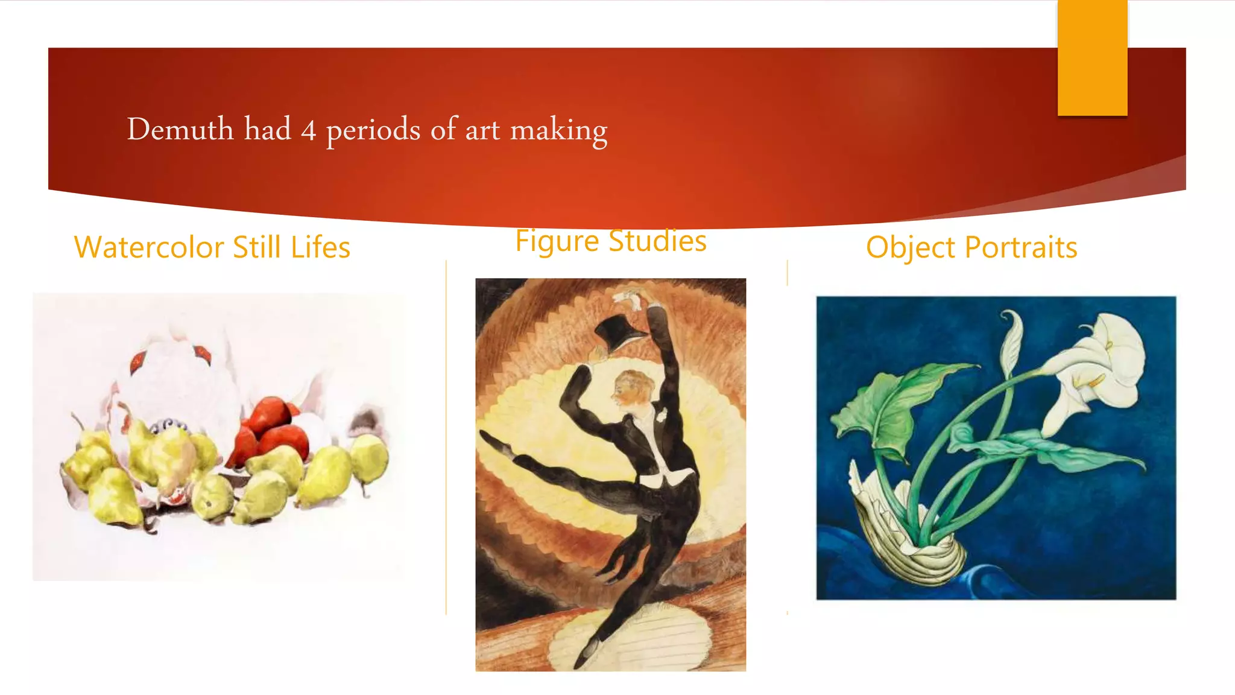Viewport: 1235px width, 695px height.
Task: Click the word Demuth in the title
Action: coord(180,129)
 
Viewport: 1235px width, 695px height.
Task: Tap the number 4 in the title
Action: coord(308,130)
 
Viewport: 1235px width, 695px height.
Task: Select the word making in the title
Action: coord(558,130)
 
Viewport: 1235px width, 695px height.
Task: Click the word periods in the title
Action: coord(373,130)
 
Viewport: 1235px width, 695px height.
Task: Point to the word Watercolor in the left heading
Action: coord(149,247)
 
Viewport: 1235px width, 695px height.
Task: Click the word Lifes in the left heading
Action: coord(320,247)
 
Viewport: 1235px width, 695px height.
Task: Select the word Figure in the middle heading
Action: coord(557,241)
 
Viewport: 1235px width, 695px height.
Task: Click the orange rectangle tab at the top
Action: coord(1092,57)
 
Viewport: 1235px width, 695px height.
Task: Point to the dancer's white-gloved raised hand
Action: coord(627,297)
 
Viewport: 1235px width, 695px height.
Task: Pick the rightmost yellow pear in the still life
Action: coord(369,459)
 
